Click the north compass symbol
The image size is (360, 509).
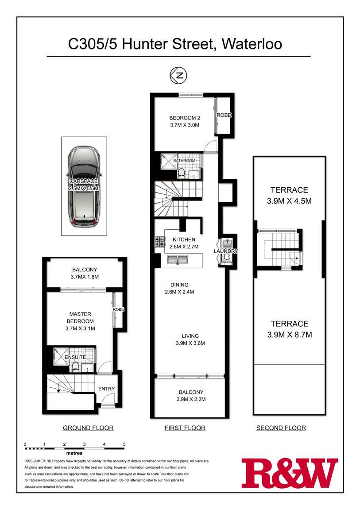[178, 75]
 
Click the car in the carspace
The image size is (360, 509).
[84, 186]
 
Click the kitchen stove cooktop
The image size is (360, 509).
[159, 242]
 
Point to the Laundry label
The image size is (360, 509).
[226, 251]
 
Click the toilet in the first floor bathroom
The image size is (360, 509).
[182, 173]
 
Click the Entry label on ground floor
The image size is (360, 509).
[106, 389]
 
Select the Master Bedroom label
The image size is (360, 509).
[80, 318]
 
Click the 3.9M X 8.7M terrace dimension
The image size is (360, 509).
[289, 335]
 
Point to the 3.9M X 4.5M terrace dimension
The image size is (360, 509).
[289, 201]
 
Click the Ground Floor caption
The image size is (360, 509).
[88, 428]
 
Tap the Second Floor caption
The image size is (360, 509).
[281, 428]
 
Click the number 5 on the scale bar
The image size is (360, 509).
[124, 444]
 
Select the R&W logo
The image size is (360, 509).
[289, 473]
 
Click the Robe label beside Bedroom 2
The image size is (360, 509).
[224, 115]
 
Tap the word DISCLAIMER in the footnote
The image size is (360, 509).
[35, 461]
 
